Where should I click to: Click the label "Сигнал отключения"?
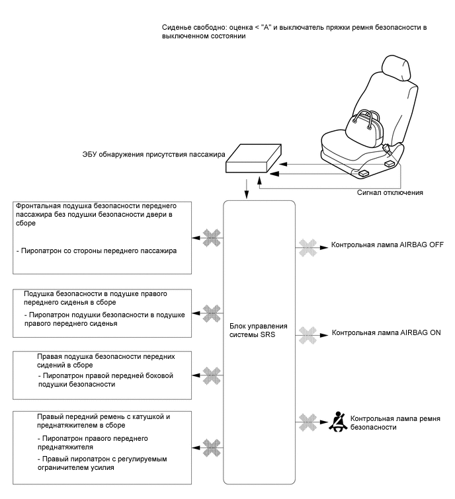point(390,192)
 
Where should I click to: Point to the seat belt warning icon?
point(339,420)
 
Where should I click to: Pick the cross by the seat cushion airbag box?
point(211,310)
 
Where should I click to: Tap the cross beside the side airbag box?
point(211,374)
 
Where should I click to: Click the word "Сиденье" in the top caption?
point(178,27)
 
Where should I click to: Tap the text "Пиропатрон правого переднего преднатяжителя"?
point(93,442)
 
